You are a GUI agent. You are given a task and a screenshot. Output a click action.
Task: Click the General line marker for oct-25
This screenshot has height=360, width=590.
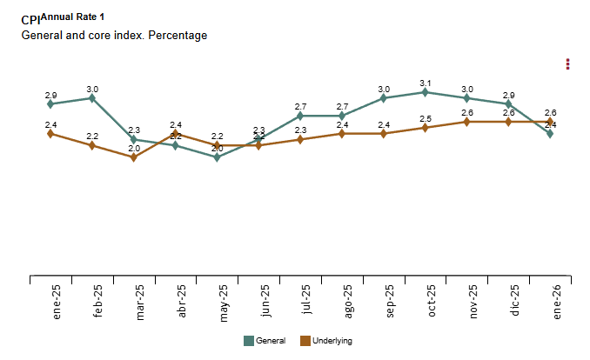point(426,92)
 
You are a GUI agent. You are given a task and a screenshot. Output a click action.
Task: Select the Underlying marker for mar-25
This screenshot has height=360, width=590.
point(134,157)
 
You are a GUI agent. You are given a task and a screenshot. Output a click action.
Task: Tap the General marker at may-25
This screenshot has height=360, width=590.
point(218,157)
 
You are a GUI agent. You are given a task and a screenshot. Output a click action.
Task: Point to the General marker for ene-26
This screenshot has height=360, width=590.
point(551,133)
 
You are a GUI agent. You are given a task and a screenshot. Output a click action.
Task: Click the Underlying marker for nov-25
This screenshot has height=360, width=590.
point(467,122)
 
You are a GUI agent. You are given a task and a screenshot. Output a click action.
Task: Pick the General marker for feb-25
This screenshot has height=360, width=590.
point(92,98)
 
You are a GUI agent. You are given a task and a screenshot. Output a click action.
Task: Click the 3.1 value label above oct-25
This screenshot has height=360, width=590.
point(426,83)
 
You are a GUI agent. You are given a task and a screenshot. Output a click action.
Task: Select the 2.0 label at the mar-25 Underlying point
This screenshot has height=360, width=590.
point(134,149)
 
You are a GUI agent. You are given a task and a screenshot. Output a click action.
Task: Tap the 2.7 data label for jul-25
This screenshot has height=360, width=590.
point(300,106)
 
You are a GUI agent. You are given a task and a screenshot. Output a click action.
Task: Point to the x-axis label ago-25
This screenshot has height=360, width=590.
point(348,302)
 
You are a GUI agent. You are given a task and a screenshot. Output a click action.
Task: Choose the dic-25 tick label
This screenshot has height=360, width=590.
point(515,301)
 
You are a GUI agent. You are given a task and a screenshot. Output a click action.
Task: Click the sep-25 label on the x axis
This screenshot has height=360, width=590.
point(390,302)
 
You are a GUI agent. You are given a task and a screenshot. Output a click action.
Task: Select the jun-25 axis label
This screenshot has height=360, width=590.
point(265,302)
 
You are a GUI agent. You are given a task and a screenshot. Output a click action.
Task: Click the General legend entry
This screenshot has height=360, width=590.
point(265,341)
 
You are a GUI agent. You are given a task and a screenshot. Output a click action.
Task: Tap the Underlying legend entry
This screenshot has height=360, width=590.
point(325,341)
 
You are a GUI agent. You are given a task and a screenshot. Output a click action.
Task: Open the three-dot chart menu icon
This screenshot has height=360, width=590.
point(567,63)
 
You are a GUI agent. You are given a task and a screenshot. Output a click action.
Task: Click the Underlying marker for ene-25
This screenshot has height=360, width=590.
point(50,133)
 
